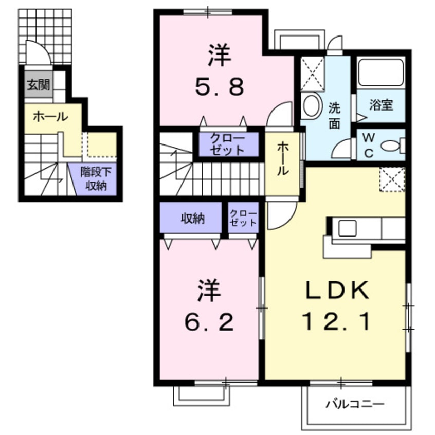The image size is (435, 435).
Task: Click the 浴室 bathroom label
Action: (381, 105)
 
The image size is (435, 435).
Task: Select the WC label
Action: (368, 146)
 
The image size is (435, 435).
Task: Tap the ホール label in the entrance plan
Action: (50, 117)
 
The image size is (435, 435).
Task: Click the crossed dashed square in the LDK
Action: (392, 179)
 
